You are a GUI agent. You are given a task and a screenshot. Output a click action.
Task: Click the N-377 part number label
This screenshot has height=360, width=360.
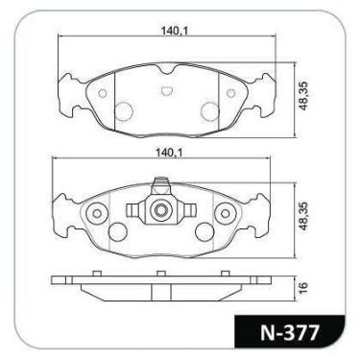290,333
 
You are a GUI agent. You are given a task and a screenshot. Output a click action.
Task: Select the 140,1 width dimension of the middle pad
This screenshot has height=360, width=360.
169,153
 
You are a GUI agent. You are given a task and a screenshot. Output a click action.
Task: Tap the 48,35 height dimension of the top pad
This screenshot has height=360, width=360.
303,96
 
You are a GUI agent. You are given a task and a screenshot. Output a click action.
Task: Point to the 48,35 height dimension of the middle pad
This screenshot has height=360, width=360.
303,216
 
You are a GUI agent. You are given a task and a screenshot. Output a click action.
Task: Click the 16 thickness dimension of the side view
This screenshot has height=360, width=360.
303,287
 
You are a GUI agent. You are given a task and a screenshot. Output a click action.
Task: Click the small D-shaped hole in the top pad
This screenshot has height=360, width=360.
166,91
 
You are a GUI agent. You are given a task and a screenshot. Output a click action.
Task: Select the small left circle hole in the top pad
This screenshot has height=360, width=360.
103,93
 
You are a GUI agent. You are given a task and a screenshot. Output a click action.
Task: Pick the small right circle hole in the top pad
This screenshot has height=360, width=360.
230,93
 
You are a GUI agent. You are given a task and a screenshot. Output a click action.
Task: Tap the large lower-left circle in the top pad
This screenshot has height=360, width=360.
124,110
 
